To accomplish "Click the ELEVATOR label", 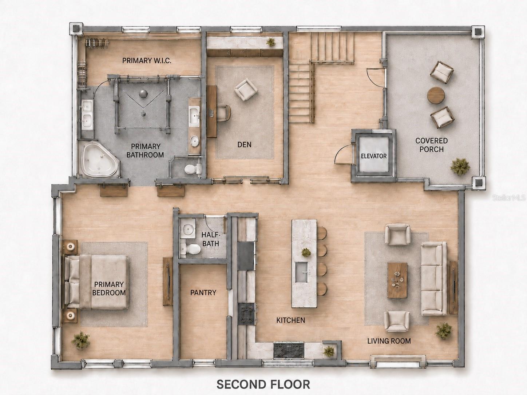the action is pyautogui.click(x=373, y=156).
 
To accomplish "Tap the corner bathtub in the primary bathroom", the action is pyautogui.click(x=100, y=159).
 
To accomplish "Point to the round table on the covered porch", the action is pyautogui.click(x=436, y=95).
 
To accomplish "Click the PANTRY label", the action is pyautogui.click(x=203, y=292).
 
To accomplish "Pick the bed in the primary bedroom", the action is pyautogui.click(x=96, y=282).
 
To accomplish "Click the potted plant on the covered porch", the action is pyautogui.click(x=460, y=167).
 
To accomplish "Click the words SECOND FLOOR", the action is pyautogui.click(x=263, y=384).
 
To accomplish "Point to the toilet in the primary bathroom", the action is pyautogui.click(x=193, y=169).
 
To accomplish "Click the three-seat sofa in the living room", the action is pyautogui.click(x=434, y=279).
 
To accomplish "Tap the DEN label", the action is pyautogui.click(x=244, y=145).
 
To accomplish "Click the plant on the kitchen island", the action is pyautogui.click(x=306, y=252).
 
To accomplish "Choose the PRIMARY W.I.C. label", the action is pyautogui.click(x=147, y=60).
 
